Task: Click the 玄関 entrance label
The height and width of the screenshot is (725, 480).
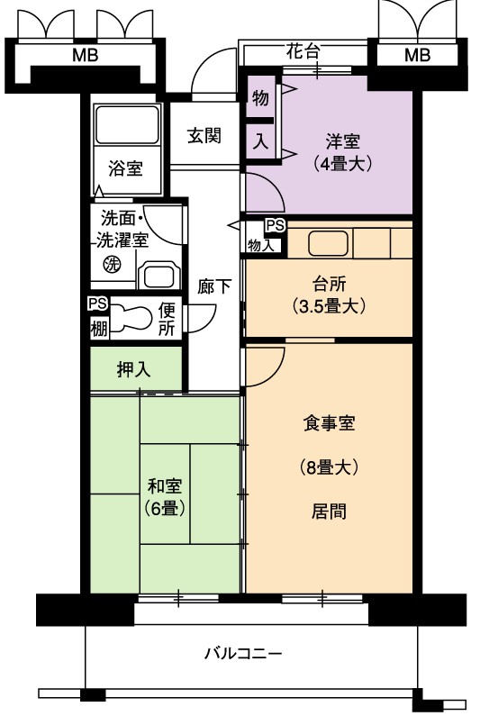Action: coord(204,135)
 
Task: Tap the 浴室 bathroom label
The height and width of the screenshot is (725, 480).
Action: coord(125,168)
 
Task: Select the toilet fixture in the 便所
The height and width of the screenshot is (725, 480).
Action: coord(131,318)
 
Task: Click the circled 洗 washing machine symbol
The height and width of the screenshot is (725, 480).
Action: coord(112,264)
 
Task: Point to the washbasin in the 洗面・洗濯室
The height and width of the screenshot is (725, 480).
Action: coord(158,276)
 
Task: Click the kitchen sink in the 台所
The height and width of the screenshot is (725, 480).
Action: coord(328,243)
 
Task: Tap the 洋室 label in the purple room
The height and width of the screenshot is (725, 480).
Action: coord(342,141)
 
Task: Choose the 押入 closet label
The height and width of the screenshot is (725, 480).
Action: coord(133,369)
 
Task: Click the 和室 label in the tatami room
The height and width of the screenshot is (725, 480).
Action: coord(165,486)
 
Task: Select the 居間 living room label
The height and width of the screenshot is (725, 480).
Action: coord(329,512)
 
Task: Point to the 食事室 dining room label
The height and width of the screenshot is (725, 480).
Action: coord(330,423)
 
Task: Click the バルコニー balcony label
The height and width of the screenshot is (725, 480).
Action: coord(243,653)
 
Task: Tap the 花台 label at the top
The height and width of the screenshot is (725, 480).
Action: coord(303,50)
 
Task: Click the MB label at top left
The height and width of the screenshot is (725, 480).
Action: coord(86,56)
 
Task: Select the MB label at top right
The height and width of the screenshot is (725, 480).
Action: coord(418,56)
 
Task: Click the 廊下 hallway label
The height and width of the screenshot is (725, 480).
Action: coord(213,286)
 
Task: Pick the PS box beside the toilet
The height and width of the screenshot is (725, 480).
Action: coord(98,304)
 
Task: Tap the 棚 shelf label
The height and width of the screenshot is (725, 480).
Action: coord(98,329)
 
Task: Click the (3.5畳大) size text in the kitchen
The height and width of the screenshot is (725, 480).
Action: coord(330,306)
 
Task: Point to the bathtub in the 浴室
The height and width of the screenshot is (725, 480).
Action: coord(127,125)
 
